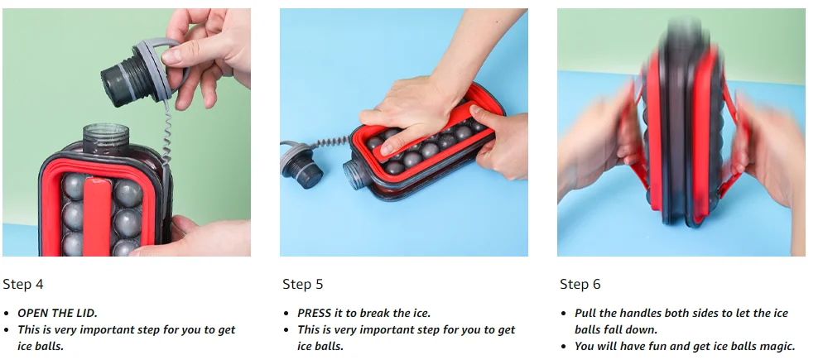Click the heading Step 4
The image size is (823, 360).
(x=23, y=285)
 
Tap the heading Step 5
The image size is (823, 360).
(x=303, y=285)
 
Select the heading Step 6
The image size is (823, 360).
(x=580, y=285)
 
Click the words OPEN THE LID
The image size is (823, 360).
(x=57, y=314)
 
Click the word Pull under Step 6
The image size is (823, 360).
(x=585, y=314)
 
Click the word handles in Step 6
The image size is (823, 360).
(x=640, y=314)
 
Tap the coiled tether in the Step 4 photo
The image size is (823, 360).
(x=166, y=132)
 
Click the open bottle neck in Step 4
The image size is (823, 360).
(x=105, y=137)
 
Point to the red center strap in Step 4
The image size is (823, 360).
(x=98, y=216)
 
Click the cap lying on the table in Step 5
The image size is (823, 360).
(x=302, y=166)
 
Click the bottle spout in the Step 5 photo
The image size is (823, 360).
(x=354, y=175)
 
